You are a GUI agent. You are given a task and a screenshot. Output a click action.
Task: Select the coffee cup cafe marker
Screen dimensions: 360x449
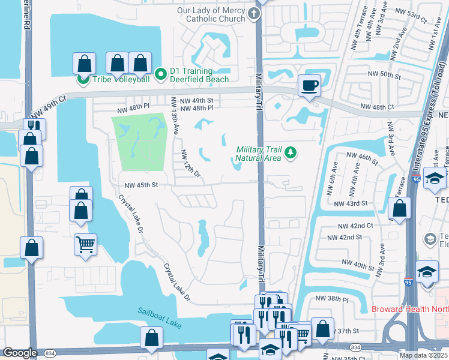tap(309, 85)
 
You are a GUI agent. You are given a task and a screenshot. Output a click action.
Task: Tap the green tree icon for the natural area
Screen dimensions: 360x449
tap(291, 153)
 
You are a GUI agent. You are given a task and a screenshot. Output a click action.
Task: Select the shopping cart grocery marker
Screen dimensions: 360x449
tap(85, 244)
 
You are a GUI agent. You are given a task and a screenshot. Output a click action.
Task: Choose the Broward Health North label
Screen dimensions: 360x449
tap(409, 310)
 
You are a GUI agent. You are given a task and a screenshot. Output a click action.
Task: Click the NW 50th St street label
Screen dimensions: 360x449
tap(384, 74)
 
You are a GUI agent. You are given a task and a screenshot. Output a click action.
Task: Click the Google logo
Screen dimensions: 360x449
tap(20, 353)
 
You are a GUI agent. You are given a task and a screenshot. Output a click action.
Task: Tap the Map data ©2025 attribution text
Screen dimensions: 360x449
tap(423, 355)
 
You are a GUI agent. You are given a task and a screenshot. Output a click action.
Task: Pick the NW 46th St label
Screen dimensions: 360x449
tap(362, 158)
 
